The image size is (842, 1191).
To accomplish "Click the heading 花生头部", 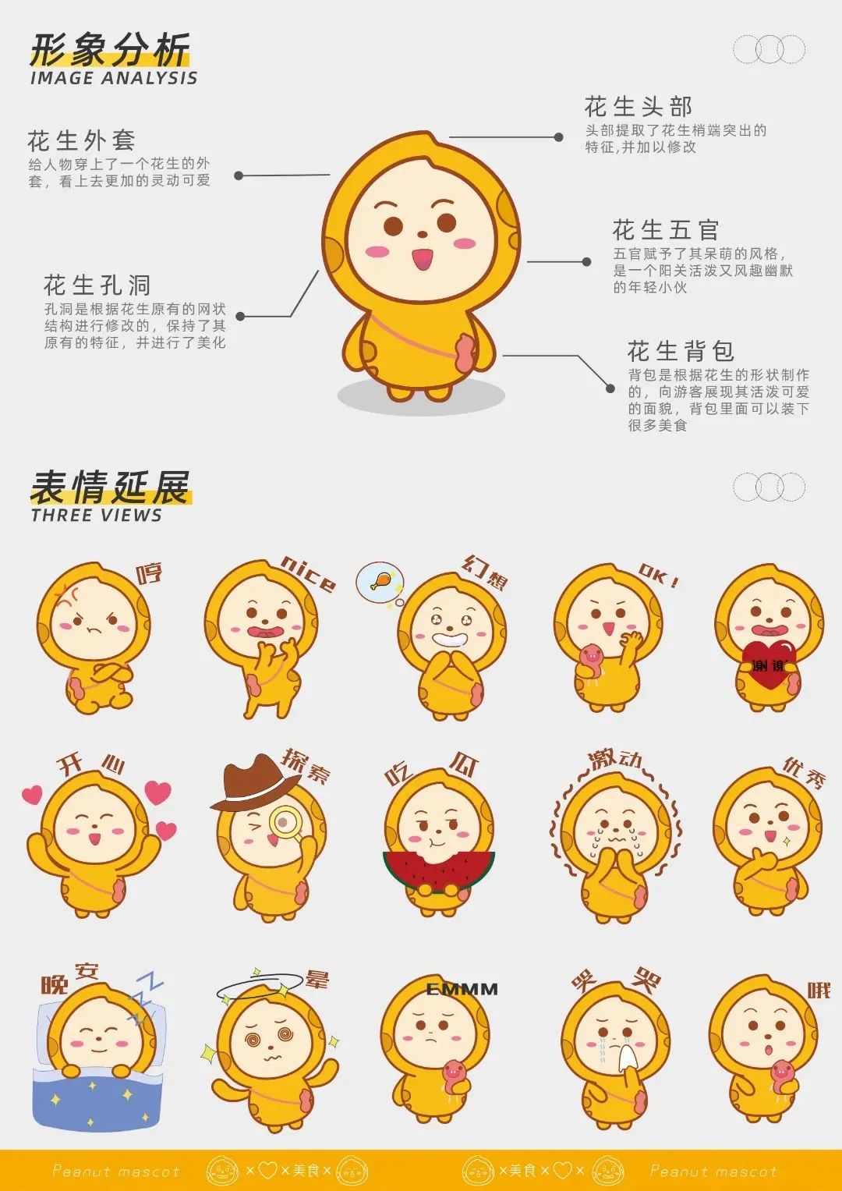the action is coord(639,106).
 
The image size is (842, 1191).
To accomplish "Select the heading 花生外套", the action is coord(81,141).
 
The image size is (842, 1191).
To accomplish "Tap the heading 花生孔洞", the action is coord(97,285).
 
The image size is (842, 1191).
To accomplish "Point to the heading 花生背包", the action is coord(681,352).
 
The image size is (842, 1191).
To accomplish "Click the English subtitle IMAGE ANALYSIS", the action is coord(114,78).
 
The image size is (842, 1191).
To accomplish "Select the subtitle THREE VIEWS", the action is coord(96,516).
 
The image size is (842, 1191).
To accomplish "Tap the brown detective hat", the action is coord(255,781).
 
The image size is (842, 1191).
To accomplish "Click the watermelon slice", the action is coord(438,871).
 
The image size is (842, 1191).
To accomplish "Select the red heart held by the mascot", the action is coord(769,664).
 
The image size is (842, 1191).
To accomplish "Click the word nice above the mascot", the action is coord(309,574).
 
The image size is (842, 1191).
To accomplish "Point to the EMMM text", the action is coord(462,990).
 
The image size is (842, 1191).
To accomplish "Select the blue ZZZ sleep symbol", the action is coord(143,998).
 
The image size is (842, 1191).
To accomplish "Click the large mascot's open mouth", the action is coord(422,259).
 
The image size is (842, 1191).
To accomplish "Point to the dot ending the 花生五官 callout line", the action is coord(586,261).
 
